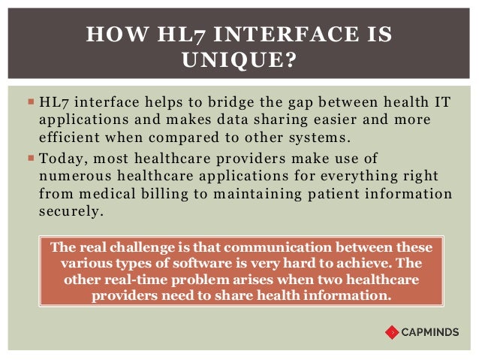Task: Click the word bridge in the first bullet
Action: point(201,103)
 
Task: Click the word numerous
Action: point(69,176)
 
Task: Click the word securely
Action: point(68,211)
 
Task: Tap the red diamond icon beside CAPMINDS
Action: point(392,331)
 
